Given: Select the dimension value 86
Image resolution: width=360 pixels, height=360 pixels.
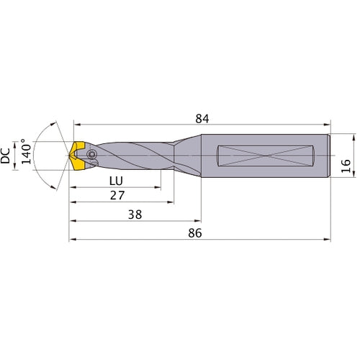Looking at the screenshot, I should (194, 233).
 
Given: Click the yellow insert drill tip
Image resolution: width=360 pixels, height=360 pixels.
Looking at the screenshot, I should (76, 156).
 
